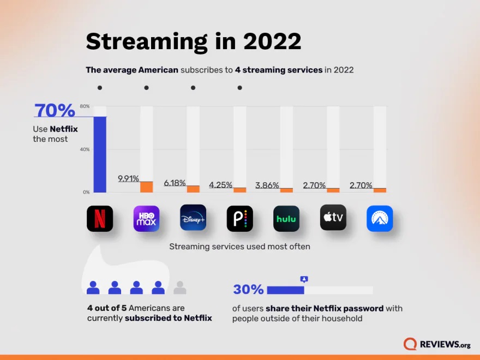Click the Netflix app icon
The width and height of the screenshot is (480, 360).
click(100, 218)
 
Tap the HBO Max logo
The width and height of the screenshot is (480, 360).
click(147, 218)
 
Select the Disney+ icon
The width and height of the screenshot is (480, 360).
click(193, 218)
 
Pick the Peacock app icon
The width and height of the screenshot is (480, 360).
click(240, 218)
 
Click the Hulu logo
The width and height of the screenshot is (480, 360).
click(286, 218)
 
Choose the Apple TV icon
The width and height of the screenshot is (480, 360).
click(333, 218)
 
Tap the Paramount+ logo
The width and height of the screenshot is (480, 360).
click(380, 218)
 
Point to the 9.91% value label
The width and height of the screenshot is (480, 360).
click(128, 178)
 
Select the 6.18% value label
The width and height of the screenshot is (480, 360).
click(175, 183)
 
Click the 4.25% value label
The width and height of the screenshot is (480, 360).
click(221, 185)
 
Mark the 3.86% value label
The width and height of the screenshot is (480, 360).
click(268, 185)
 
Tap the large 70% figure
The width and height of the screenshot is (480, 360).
click(55, 111)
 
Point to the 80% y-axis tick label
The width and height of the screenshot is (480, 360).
click(85, 106)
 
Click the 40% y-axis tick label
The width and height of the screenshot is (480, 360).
click(85, 149)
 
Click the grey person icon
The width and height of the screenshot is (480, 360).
click(180, 287)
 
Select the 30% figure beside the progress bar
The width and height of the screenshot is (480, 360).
click(248, 290)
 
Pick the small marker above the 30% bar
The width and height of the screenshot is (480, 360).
click(304, 279)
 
